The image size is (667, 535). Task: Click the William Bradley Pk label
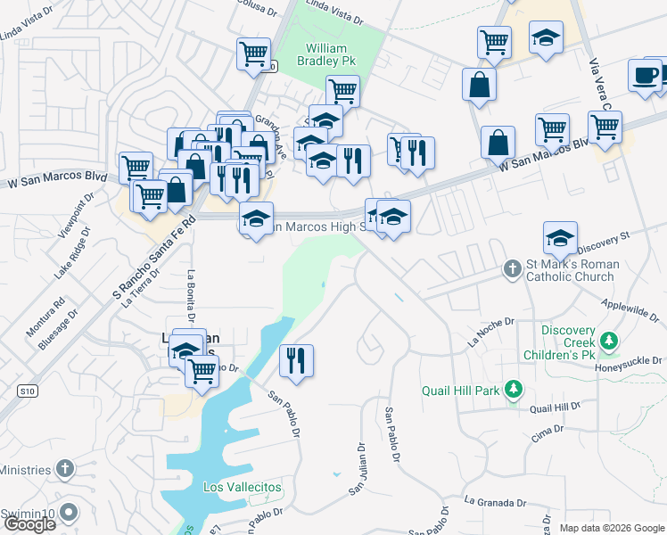click(332, 54)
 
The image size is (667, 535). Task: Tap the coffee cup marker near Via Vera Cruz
click(644, 76)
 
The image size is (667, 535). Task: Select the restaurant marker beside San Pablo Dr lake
click(296, 360)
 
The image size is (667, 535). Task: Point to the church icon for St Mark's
click(512, 267)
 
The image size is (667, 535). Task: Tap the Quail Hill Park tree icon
click(513, 389)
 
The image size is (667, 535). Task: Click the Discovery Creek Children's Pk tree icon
click(609, 341)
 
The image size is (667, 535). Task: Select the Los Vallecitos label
click(242, 487)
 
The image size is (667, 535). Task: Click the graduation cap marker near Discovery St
click(560, 238)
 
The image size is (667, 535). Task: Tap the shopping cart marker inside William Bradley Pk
click(342, 89)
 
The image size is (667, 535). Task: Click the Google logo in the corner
click(29, 524)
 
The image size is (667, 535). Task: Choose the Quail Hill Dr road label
click(554, 407)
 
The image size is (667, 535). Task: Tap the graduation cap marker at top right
click(546, 39)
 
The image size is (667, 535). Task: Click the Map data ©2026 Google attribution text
click(611, 528)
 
